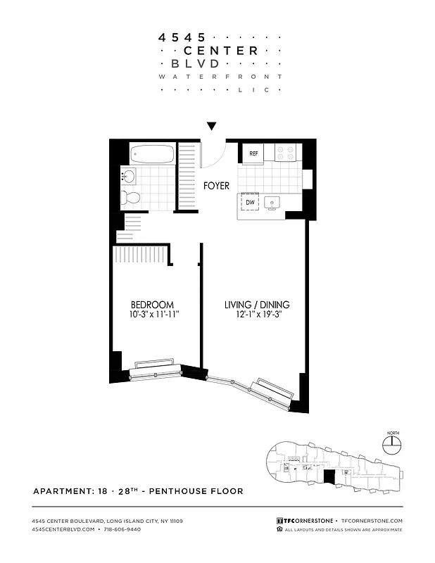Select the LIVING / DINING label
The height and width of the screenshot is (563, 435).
pos(257,305)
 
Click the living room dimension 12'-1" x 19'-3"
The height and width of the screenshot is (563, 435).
pos(257,315)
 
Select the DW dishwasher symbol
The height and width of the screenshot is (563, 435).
pos(250,203)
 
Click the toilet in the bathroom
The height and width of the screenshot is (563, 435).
pos(129,197)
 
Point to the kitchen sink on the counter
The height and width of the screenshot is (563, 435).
pos(273,203)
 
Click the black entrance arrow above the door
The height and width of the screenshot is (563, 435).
pos(211,127)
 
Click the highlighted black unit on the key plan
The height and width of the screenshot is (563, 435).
pos(329,477)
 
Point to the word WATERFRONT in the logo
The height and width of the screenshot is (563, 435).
pos(220,75)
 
